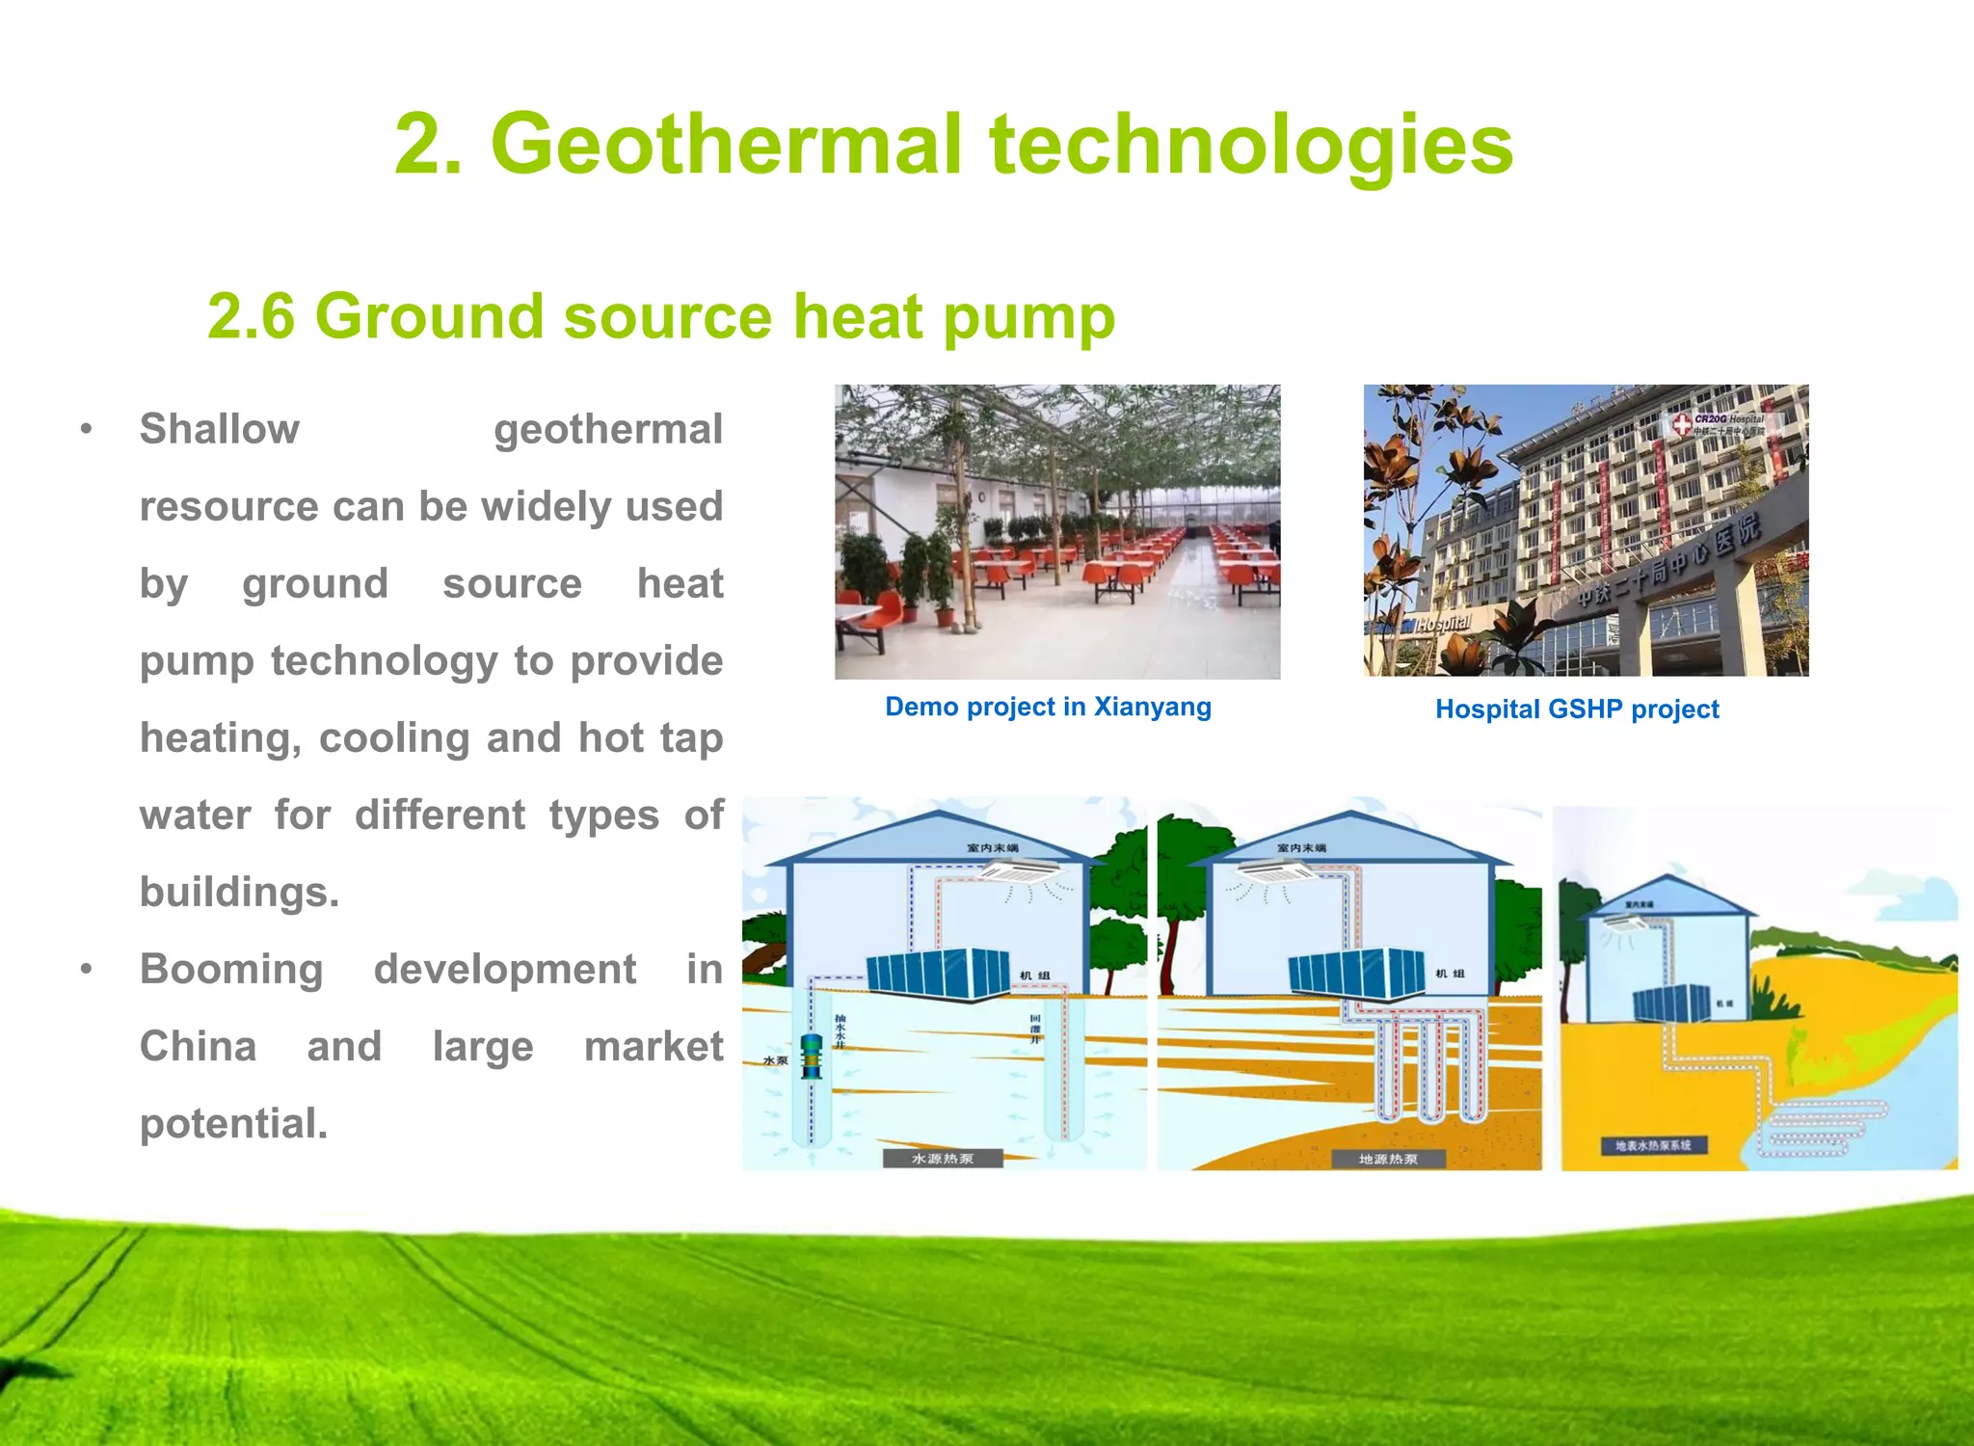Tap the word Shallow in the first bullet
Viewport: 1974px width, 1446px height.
pos(219,429)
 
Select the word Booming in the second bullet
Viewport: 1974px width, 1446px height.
pos(231,969)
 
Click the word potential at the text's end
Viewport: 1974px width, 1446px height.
pos(233,1124)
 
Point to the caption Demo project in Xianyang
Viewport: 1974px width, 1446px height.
pos(1048,707)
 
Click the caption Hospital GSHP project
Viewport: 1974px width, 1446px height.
pos(1577,710)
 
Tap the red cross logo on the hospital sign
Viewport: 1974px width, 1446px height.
pos(1681,423)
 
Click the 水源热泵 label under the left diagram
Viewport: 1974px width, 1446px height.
pos(942,1159)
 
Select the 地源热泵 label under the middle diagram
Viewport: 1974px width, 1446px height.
pos(1388,1159)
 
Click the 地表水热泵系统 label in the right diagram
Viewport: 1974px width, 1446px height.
pos(1652,1145)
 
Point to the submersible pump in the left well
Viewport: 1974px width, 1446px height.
pos(812,1057)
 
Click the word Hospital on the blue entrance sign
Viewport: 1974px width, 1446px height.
pos(1443,625)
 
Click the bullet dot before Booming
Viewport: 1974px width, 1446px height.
pos(87,969)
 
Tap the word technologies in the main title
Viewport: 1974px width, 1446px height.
pos(1251,145)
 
